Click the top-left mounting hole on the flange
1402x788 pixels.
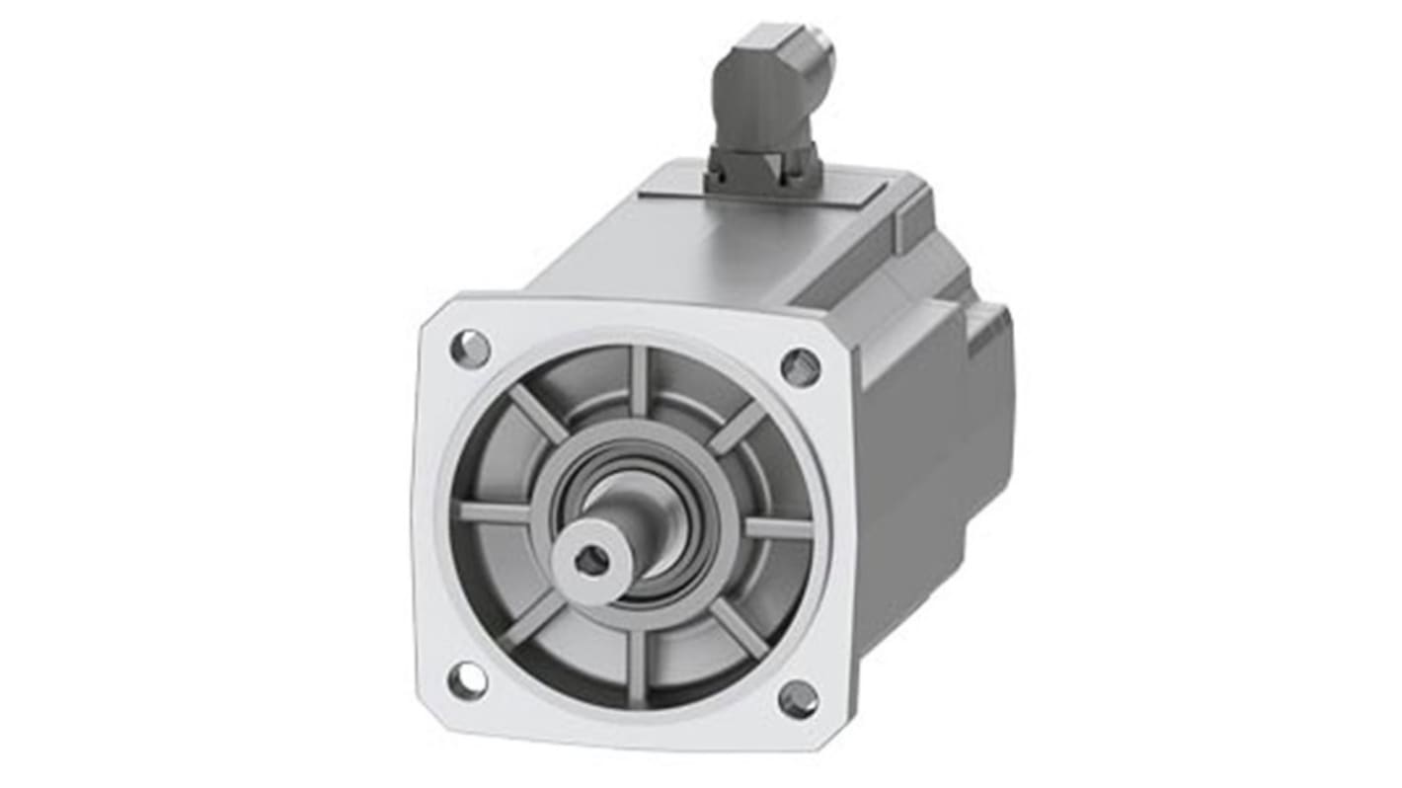coord(470,348)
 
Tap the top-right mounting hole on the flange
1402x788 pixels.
coord(800,366)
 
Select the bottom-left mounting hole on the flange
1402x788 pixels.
coord(466,680)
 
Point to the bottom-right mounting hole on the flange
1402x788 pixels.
coord(798,699)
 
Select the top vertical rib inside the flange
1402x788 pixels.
coord(639,381)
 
